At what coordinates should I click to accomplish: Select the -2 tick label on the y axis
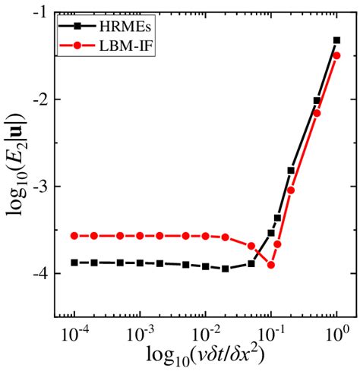(40, 99)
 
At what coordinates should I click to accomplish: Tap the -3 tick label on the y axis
(40, 186)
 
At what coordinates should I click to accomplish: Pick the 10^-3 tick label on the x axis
(139, 332)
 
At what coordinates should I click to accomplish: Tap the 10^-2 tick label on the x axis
(204, 332)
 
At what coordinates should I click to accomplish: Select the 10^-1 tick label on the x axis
(270, 332)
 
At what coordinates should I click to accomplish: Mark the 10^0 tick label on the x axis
(336, 332)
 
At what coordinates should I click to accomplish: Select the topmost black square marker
(336, 40)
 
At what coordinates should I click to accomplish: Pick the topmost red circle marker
(336, 55)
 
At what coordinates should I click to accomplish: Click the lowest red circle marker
(271, 265)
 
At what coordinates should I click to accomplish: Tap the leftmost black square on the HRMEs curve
(74, 263)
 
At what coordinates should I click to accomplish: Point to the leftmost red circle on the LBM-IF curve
(74, 236)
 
